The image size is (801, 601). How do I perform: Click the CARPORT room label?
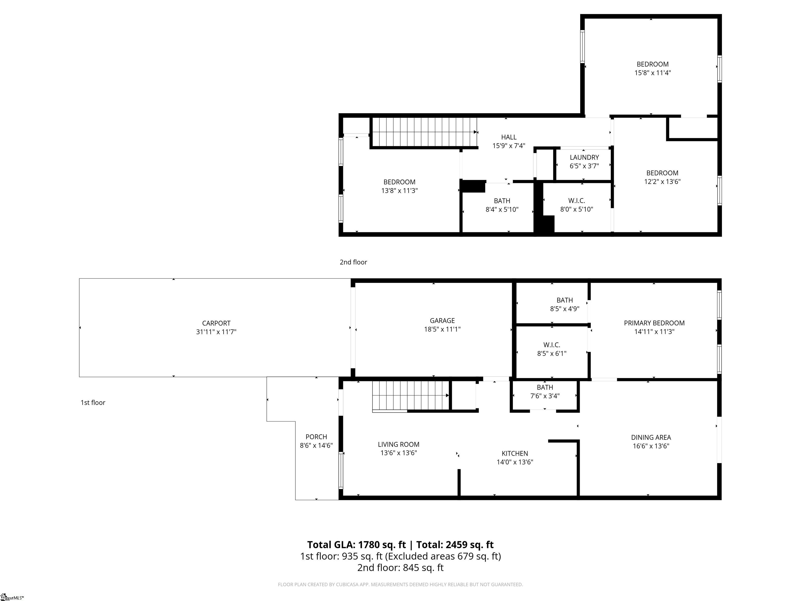(x=216, y=323)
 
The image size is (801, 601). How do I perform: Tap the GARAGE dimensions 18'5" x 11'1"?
(x=442, y=329)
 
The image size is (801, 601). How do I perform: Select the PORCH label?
(x=316, y=437)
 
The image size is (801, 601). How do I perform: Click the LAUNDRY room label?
(x=584, y=157)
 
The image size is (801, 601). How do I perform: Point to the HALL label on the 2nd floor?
(x=508, y=137)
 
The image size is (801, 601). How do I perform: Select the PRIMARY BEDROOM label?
(x=654, y=323)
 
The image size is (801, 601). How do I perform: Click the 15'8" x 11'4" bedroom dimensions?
(x=653, y=73)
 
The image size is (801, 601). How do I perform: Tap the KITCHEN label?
(x=514, y=453)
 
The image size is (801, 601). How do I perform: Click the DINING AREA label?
(x=651, y=437)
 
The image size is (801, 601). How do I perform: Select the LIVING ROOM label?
(x=398, y=444)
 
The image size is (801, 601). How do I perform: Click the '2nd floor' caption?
(x=353, y=262)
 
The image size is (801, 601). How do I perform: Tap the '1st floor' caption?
(x=93, y=402)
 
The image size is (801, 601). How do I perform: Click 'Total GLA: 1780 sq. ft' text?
(x=356, y=544)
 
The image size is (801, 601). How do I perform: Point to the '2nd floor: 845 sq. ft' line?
(x=400, y=568)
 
